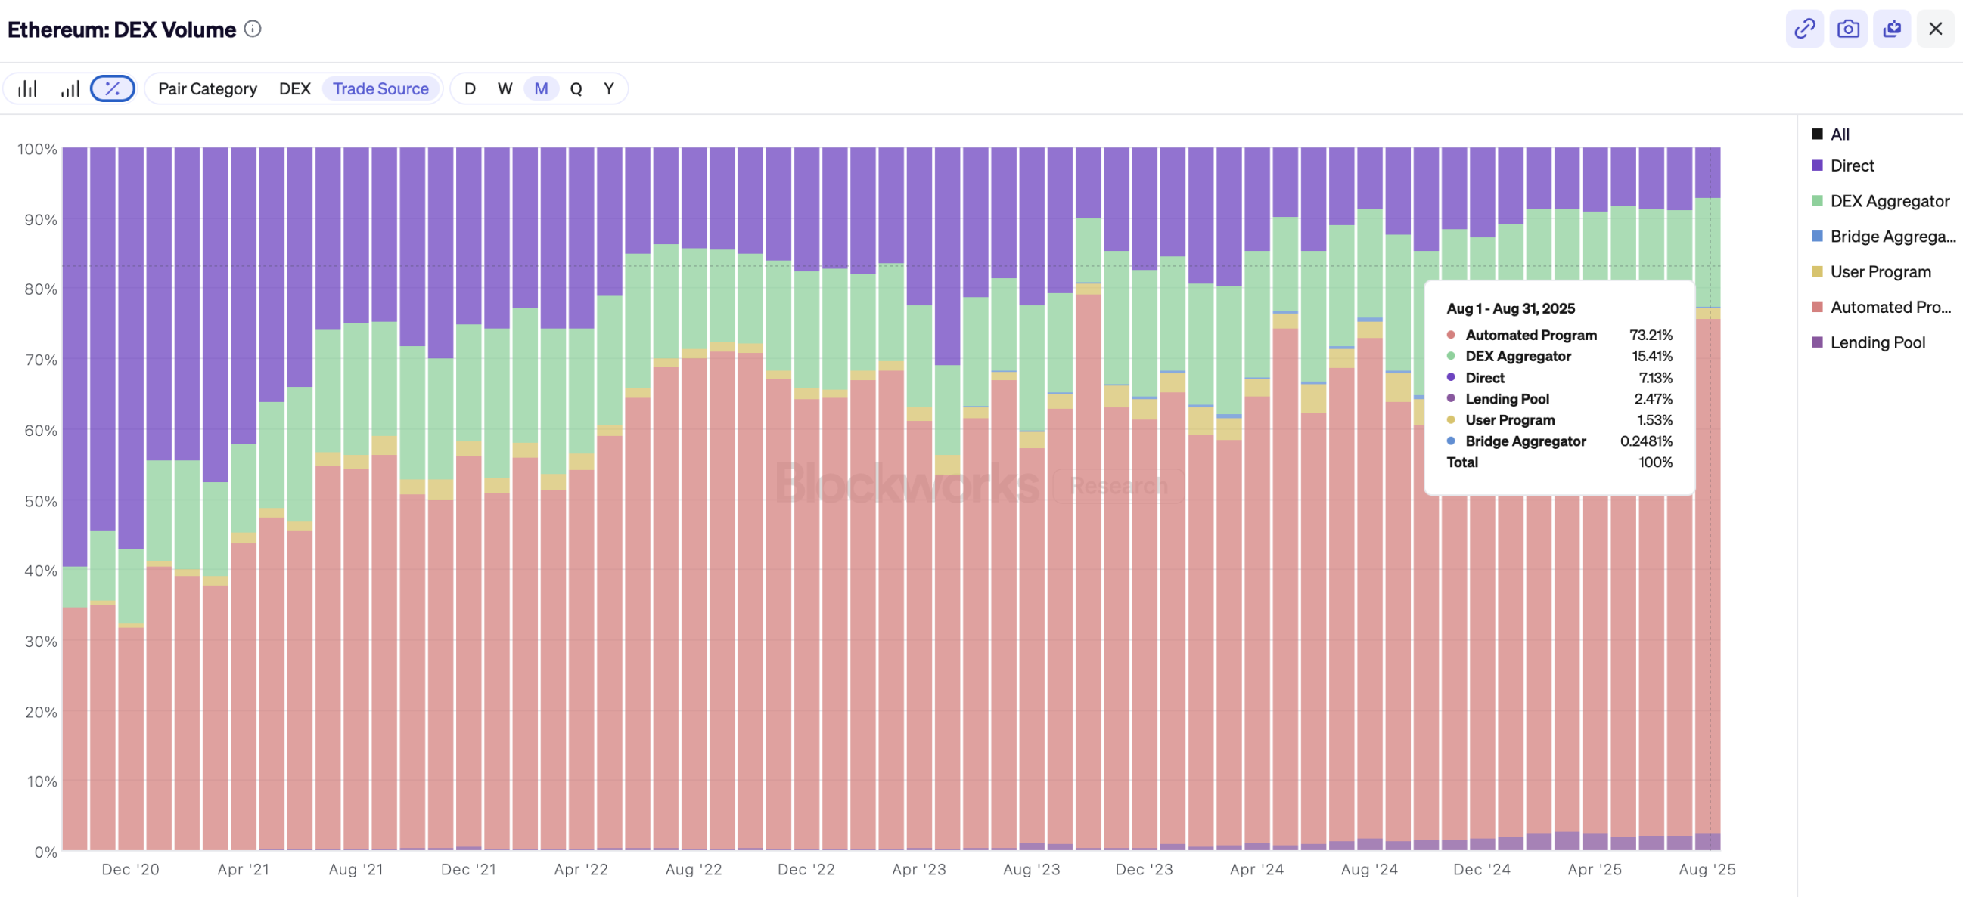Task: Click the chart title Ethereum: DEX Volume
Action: pyautogui.click(x=122, y=29)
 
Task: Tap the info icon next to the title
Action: pyautogui.click(x=252, y=29)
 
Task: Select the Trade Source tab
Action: pyautogui.click(x=380, y=88)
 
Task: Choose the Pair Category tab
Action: pyautogui.click(x=207, y=88)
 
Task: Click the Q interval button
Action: pyautogui.click(x=576, y=88)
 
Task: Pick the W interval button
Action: pyautogui.click(x=505, y=88)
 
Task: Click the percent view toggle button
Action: pyautogui.click(x=112, y=88)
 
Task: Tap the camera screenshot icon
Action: pyautogui.click(x=1848, y=29)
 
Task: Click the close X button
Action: pyautogui.click(x=1935, y=29)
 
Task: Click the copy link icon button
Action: pyautogui.click(x=1803, y=29)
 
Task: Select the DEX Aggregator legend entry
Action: pyautogui.click(x=1889, y=201)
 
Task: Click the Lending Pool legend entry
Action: pyautogui.click(x=1877, y=342)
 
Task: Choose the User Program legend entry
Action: pyautogui.click(x=1880, y=272)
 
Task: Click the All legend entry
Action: pyautogui.click(x=1839, y=134)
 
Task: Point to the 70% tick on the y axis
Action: pyautogui.click(x=40, y=360)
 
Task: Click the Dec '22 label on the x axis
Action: pyautogui.click(x=806, y=869)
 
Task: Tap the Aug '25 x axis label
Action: pyautogui.click(x=1707, y=869)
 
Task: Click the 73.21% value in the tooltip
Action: pyautogui.click(x=1651, y=335)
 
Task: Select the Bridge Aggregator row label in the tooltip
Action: pyautogui.click(x=1525, y=441)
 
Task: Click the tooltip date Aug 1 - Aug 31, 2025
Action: pyautogui.click(x=1511, y=308)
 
